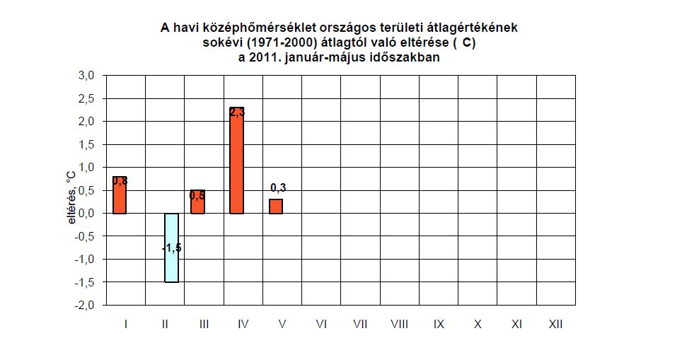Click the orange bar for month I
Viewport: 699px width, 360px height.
tap(120, 195)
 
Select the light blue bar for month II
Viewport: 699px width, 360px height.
tap(171, 248)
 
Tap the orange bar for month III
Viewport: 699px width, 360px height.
tap(197, 202)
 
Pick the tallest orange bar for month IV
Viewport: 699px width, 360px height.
tap(236, 161)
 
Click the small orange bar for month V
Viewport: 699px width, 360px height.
tap(276, 207)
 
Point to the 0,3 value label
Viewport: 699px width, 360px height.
tap(278, 188)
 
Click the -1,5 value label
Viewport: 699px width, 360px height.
tap(171, 248)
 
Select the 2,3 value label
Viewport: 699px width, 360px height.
tap(236, 112)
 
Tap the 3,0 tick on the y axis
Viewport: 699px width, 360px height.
tap(86, 76)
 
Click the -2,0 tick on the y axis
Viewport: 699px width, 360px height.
tap(85, 305)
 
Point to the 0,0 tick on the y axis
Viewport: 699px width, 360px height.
tap(86, 214)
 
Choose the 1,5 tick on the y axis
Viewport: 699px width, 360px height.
tap(86, 144)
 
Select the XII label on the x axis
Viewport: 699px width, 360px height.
tap(555, 325)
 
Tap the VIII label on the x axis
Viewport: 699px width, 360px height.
tap(399, 325)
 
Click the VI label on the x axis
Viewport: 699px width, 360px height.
tap(321, 325)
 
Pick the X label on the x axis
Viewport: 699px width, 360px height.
tap(478, 325)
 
